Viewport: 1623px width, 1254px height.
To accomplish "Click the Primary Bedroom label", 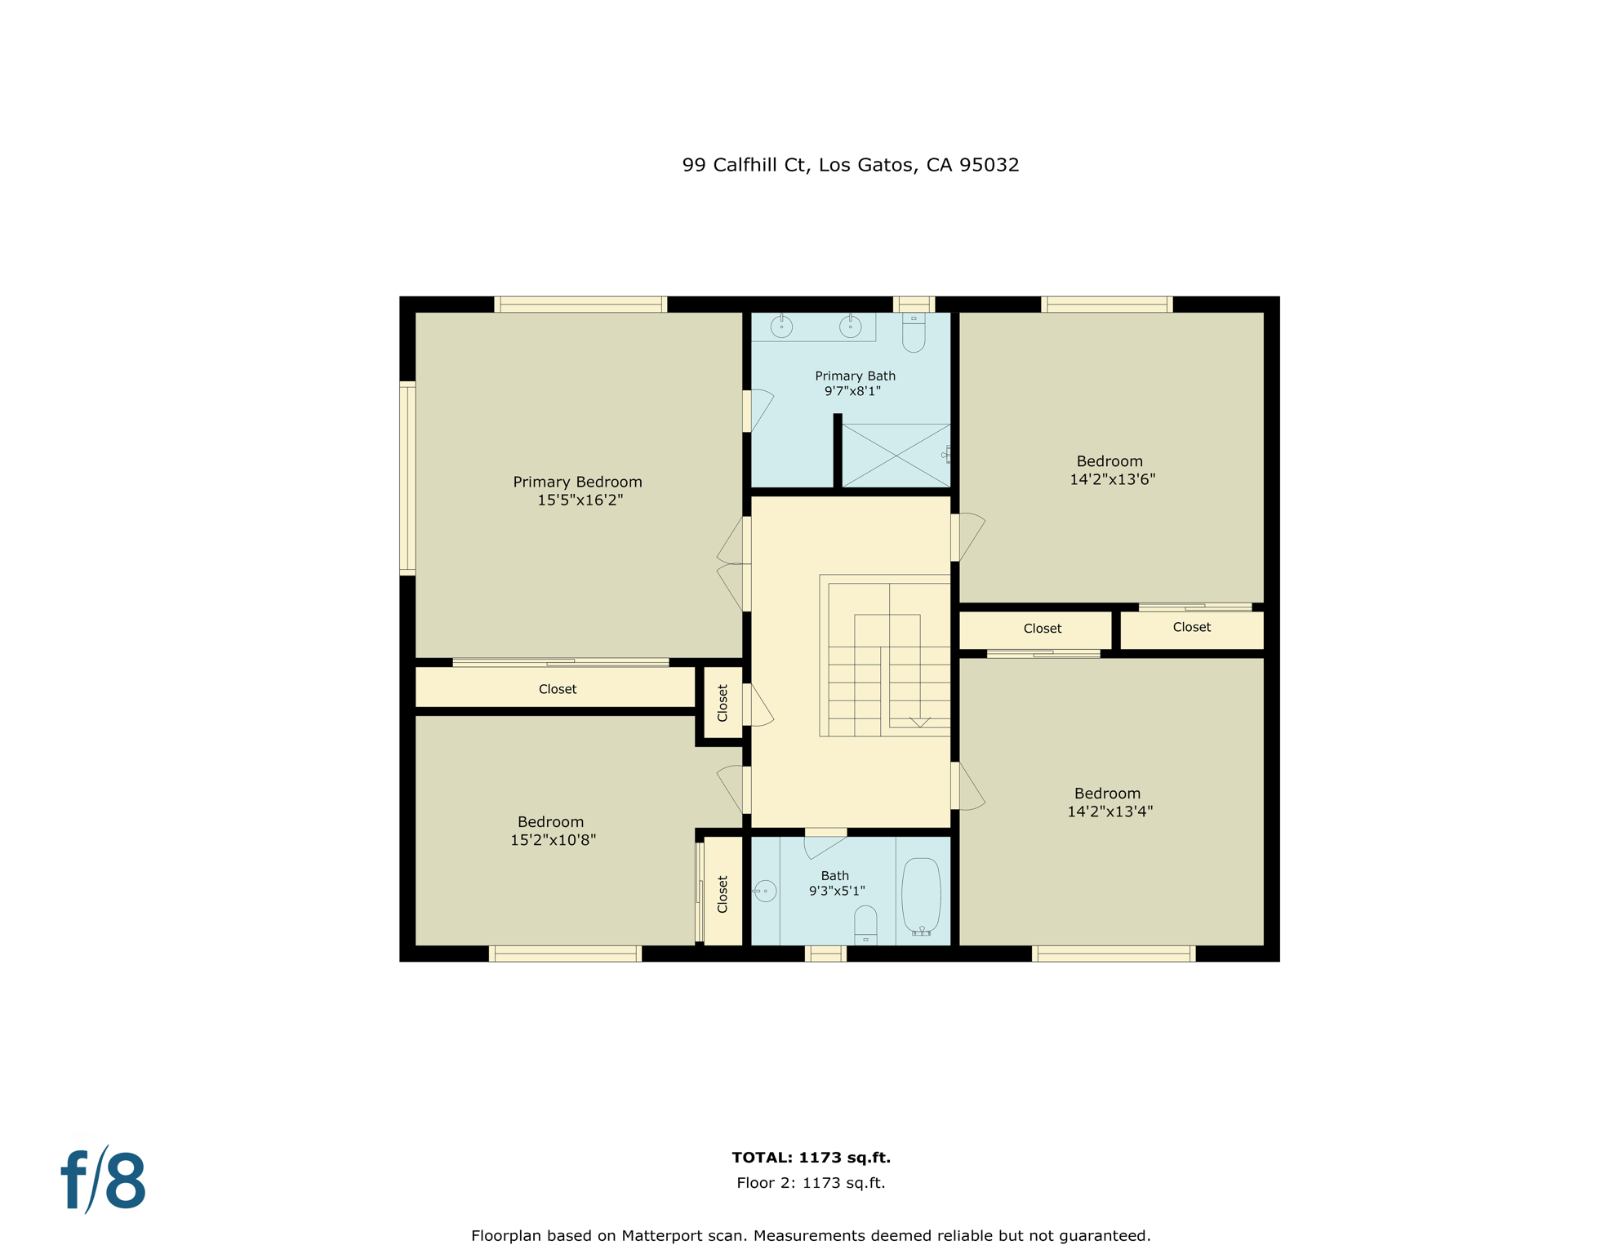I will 577,482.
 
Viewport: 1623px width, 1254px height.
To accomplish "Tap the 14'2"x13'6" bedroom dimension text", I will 1112,479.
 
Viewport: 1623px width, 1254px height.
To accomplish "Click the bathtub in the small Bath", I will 921,895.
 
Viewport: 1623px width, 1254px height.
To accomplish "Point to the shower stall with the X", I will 896,456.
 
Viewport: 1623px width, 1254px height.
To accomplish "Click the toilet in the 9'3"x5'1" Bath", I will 865,927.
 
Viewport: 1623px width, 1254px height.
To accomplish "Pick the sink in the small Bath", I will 765,891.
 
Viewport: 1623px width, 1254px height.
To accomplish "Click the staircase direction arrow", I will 920,722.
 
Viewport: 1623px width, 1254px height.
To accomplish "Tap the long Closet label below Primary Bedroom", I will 558,689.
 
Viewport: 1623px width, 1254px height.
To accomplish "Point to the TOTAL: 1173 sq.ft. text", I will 811,1157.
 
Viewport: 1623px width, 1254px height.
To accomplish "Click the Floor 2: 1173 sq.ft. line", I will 811,1182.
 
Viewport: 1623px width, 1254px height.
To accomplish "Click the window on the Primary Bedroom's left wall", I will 407,478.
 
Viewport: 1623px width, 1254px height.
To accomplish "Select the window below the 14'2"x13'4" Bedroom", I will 1114,954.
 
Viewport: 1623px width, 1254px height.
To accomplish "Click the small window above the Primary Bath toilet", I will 914,305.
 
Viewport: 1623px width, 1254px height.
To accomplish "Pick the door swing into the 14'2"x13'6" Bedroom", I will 970,536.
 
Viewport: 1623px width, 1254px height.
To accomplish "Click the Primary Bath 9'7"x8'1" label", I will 855,383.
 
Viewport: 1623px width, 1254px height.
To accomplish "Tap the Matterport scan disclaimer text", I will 811,1235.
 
